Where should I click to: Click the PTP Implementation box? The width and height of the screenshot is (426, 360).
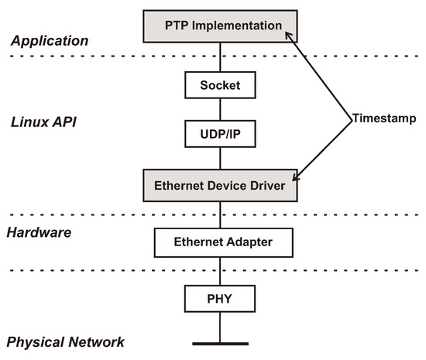(x=222, y=26)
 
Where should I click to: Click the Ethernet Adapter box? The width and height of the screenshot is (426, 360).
(x=224, y=242)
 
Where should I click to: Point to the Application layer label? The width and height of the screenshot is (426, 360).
(x=48, y=40)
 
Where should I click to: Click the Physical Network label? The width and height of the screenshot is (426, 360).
(x=65, y=342)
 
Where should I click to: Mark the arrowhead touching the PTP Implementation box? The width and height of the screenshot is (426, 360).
(x=289, y=35)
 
